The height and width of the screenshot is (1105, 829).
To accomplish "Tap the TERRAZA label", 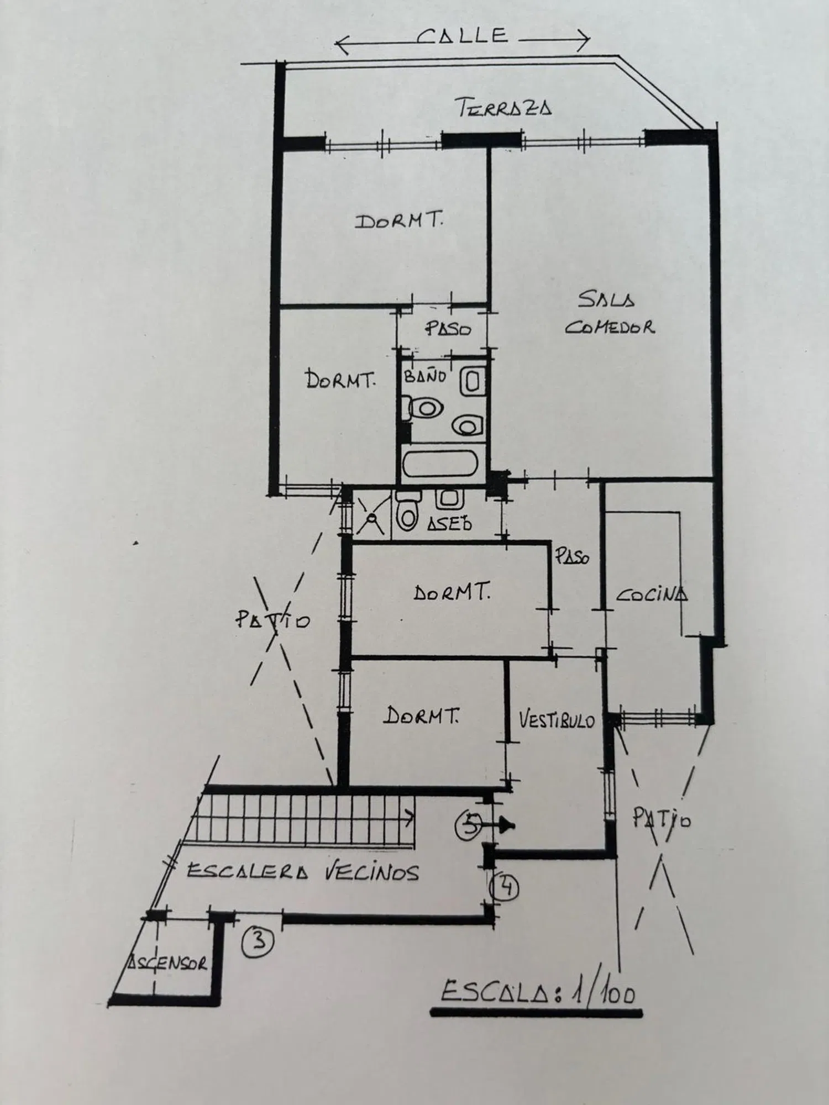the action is click(505, 107).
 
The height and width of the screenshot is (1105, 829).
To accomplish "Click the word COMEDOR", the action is click(610, 327).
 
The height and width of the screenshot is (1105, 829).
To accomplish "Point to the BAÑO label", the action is click(425, 377).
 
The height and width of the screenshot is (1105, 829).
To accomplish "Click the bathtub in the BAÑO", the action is click(440, 463).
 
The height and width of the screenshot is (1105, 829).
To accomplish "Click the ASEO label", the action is click(449, 523).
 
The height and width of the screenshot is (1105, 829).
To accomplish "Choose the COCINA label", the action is click(652, 595).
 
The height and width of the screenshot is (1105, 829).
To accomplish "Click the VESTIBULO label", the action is click(557, 720).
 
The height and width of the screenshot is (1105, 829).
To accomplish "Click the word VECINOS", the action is click(371, 872).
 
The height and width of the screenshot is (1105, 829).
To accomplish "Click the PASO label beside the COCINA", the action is click(573, 557).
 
